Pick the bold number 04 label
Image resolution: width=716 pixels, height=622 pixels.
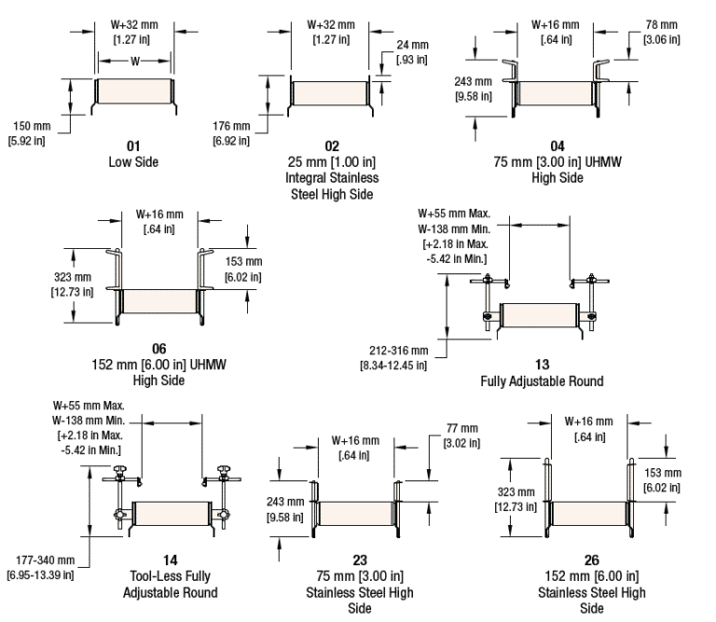tap(557, 145)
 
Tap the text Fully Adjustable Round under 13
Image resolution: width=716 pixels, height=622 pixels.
tap(542, 380)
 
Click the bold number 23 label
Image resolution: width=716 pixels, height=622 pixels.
tap(360, 560)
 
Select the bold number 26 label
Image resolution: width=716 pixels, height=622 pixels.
tap(591, 560)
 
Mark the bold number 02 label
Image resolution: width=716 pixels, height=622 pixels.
tap(332, 145)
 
